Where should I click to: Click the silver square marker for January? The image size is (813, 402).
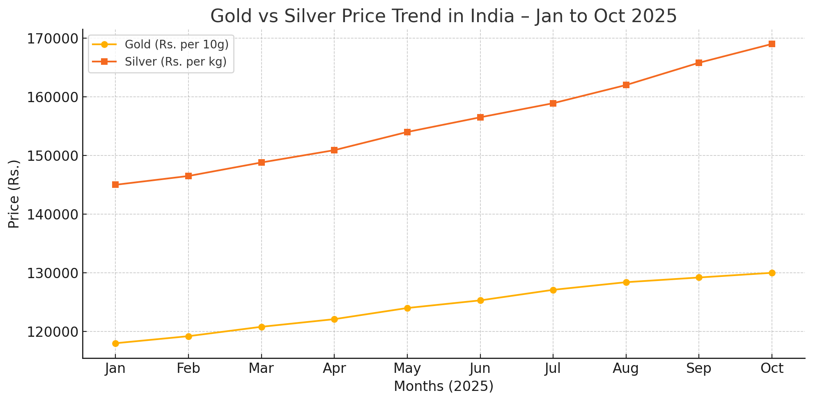pyautogui.click(x=115, y=185)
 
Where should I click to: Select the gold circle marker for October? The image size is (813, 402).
pyautogui.click(x=772, y=273)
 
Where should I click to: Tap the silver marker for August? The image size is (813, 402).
pyautogui.click(x=626, y=85)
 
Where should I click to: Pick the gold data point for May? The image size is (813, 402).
pyautogui.click(x=407, y=308)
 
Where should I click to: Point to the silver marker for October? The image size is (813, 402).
pyautogui.click(x=772, y=44)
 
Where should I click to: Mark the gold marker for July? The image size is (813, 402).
pyautogui.click(x=553, y=290)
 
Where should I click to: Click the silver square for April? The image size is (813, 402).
pyautogui.click(x=334, y=150)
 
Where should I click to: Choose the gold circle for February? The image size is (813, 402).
pyautogui.click(x=188, y=336)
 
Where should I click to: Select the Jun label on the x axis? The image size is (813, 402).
pyautogui.click(x=480, y=368)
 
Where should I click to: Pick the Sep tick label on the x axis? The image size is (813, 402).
pyautogui.click(x=699, y=368)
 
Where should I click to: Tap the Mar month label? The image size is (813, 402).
pyautogui.click(x=261, y=368)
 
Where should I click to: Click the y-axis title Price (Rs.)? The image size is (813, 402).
pyautogui.click(x=14, y=194)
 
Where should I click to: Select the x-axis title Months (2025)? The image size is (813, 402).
pyautogui.click(x=443, y=386)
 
